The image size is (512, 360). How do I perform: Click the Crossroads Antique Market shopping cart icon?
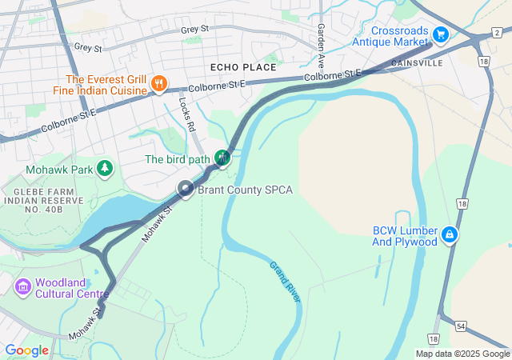[440, 34]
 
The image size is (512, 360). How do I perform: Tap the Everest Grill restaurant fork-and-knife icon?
[158, 84]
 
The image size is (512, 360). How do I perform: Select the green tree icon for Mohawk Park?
[104, 168]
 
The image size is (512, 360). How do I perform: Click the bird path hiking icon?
[222, 158]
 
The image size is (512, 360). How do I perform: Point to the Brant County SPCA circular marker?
[186, 190]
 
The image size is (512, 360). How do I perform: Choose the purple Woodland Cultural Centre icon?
[22, 286]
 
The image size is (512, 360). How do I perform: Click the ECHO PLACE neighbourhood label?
[243, 67]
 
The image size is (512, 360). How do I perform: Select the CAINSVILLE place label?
[418, 62]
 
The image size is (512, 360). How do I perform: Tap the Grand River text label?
[285, 282]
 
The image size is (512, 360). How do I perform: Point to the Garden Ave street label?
[320, 45]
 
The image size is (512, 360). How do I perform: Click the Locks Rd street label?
[187, 114]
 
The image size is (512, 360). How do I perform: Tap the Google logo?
[27, 350]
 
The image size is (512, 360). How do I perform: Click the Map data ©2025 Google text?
[462, 354]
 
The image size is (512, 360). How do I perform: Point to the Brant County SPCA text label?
[246, 190]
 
